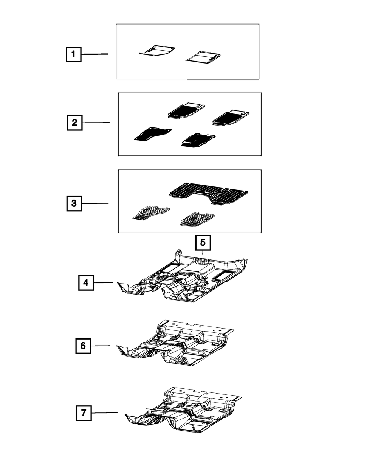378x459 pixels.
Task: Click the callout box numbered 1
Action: point(74,54)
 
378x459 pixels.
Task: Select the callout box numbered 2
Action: point(75,123)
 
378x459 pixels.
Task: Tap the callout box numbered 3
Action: point(74,203)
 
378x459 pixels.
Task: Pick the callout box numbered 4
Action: point(86,283)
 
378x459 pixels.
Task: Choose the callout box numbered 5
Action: point(203,242)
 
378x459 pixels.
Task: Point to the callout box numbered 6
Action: point(83,346)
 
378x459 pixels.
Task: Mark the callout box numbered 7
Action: point(84,413)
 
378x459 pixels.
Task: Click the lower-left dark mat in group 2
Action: point(153,134)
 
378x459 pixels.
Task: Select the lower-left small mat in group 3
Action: point(152,213)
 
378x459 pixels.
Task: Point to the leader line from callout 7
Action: point(104,413)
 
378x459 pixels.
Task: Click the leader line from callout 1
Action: point(94,54)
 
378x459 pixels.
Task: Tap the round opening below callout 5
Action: point(202,261)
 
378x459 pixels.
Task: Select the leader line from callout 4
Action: point(104,282)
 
